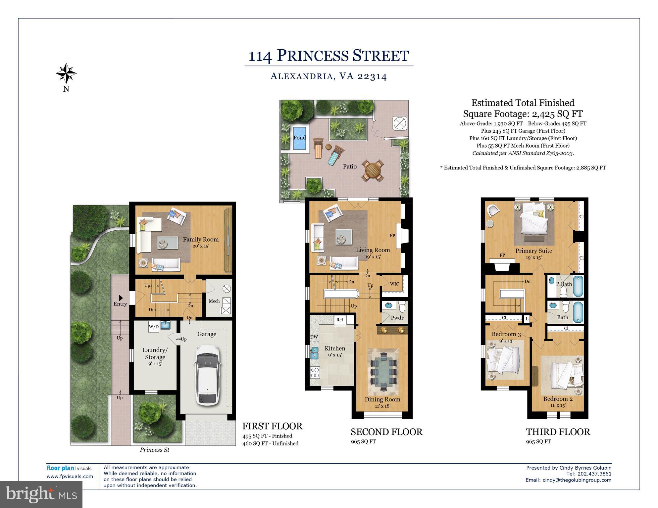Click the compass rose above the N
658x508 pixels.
66,73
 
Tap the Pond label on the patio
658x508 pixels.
299,138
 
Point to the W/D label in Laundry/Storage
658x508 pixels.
153,327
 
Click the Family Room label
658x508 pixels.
201,239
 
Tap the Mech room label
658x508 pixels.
214,301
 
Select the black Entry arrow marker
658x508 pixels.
121,298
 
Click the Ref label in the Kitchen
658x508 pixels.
340,320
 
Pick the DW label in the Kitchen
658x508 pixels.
314,337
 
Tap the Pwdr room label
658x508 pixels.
397,318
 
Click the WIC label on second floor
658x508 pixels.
394,284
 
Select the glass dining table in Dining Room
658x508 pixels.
383,371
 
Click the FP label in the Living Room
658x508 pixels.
392,236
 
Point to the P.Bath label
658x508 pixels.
564,284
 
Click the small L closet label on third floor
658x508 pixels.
527,319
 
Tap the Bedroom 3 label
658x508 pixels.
506,334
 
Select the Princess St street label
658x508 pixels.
154,450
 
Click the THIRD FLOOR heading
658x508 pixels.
558,432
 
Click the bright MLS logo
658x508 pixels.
41,494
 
